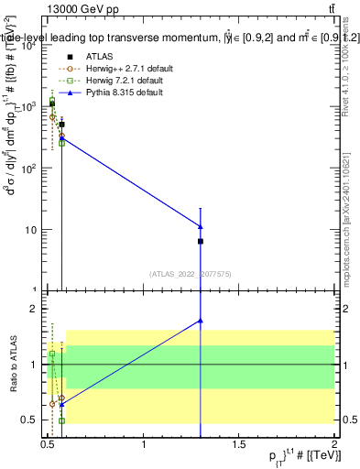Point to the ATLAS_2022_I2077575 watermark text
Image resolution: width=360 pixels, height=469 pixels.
[191, 273]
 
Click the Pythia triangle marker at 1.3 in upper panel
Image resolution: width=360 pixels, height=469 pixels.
[200, 226]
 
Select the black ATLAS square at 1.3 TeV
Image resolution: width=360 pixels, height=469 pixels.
[200, 241]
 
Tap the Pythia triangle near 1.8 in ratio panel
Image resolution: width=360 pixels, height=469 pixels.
[200, 321]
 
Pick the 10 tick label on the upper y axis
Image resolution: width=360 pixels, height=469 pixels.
[33, 230]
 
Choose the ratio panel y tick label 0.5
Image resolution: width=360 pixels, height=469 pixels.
[32, 420]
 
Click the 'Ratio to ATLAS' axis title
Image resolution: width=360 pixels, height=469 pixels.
[13, 364]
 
